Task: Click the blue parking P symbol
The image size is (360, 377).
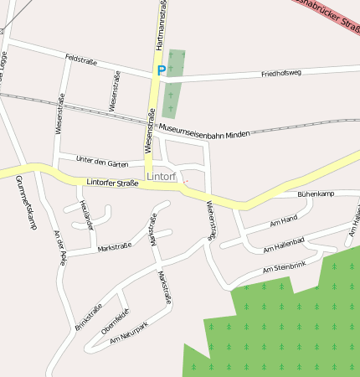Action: pyautogui.click(x=160, y=72)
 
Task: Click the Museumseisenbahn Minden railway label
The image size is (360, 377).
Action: pyautogui.click(x=203, y=132)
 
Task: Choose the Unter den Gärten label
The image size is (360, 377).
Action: pyautogui.click(x=102, y=161)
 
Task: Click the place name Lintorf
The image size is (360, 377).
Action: pyautogui.click(x=162, y=178)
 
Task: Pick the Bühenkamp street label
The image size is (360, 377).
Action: pyautogui.click(x=316, y=194)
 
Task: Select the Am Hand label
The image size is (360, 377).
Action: pyautogui.click(x=284, y=221)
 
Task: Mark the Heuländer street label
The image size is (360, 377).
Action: pyautogui.click(x=85, y=215)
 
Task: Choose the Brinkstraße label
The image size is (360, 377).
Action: pyautogui.click(x=88, y=316)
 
